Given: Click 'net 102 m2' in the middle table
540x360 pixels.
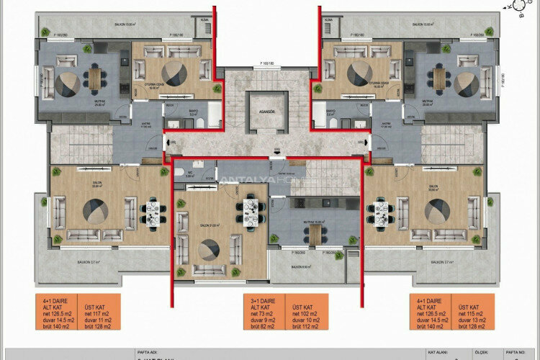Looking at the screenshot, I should [x=301, y=312].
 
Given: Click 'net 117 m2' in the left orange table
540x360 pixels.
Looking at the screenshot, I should [x=96, y=312].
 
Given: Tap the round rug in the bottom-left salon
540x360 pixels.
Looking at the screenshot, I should [x=96, y=212].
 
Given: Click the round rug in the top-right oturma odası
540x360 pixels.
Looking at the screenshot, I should [x=357, y=73].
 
